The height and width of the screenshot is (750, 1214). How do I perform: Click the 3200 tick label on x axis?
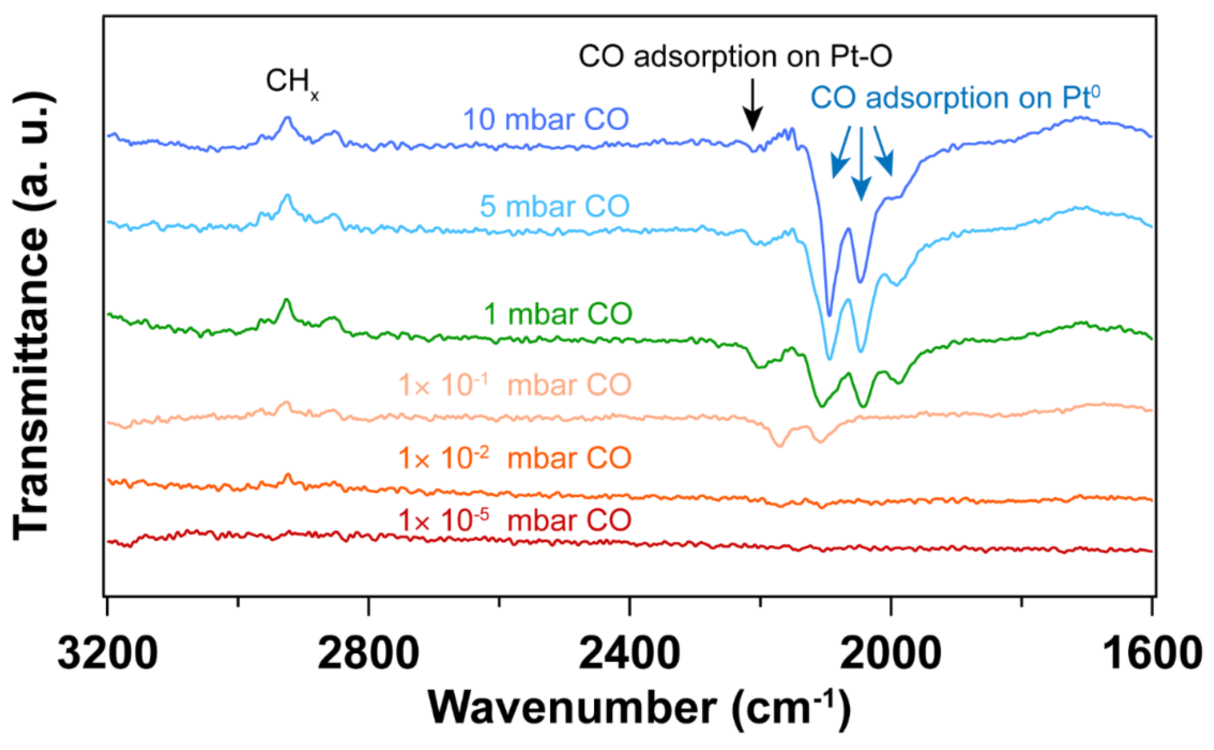pyautogui.click(x=108, y=653)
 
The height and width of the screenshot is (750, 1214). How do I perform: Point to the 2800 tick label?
pyautogui.click(x=368, y=653)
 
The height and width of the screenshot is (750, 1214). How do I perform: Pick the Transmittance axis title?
pyautogui.click(x=32, y=317)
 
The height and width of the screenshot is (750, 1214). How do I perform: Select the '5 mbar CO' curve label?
pyautogui.click(x=555, y=206)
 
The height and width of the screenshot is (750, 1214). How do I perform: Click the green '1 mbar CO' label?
pyautogui.click(x=558, y=314)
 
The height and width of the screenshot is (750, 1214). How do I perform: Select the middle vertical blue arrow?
pyautogui.click(x=861, y=164)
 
